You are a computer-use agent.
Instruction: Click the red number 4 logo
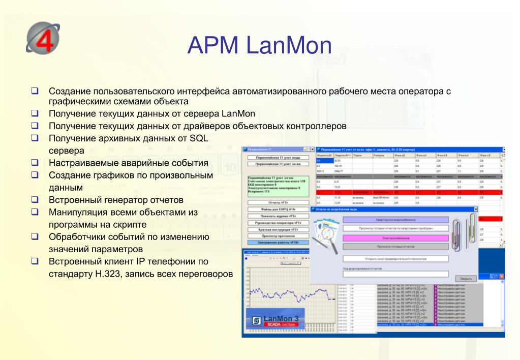[x=43, y=38]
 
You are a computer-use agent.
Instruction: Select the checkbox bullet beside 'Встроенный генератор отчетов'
[x=35, y=199]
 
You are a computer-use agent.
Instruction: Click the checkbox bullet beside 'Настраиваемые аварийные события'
[x=35, y=162]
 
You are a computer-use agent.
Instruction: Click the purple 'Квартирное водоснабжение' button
[x=395, y=220]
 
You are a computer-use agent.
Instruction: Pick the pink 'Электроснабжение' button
[x=395, y=237]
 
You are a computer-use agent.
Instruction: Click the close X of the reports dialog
[x=475, y=209]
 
